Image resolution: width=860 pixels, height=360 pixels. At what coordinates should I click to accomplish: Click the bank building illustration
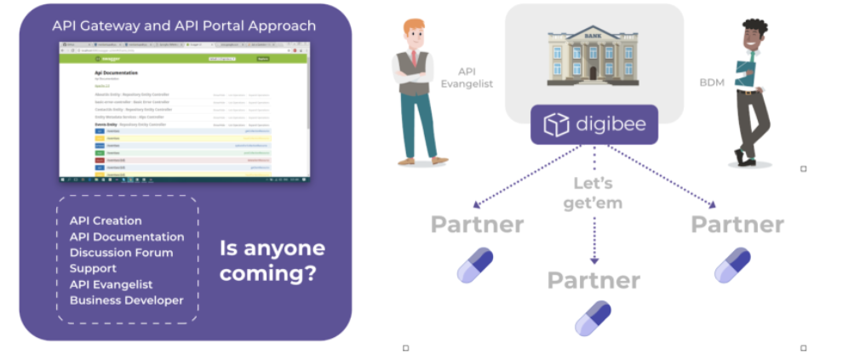point(593,56)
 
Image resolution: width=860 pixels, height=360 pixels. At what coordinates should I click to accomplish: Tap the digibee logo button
point(594,125)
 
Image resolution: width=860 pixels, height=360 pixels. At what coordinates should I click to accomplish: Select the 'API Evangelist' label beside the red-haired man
point(467,77)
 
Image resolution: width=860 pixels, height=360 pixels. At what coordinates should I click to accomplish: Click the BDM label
point(713,82)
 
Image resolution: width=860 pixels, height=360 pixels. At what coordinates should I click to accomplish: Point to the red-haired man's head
point(414,35)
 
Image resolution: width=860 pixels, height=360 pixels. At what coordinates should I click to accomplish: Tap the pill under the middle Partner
point(593,318)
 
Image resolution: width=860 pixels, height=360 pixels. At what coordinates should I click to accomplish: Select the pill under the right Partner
point(732,265)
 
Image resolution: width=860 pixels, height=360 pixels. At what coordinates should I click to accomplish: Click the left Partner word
point(477,225)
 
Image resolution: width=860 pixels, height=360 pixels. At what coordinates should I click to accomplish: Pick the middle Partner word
point(593,280)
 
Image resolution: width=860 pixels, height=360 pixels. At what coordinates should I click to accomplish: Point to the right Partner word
point(737,225)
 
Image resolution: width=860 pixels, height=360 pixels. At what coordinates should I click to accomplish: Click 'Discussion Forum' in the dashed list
point(121,253)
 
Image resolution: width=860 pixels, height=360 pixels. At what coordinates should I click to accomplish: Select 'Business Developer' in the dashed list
point(126,300)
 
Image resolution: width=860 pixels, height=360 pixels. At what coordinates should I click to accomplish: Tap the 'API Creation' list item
point(106,220)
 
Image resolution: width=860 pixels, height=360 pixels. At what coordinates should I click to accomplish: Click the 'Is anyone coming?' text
point(272,261)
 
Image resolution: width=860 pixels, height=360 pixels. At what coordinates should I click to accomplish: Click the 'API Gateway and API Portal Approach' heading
point(184,26)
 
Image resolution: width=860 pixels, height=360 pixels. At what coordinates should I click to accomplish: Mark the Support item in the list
point(93,269)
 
